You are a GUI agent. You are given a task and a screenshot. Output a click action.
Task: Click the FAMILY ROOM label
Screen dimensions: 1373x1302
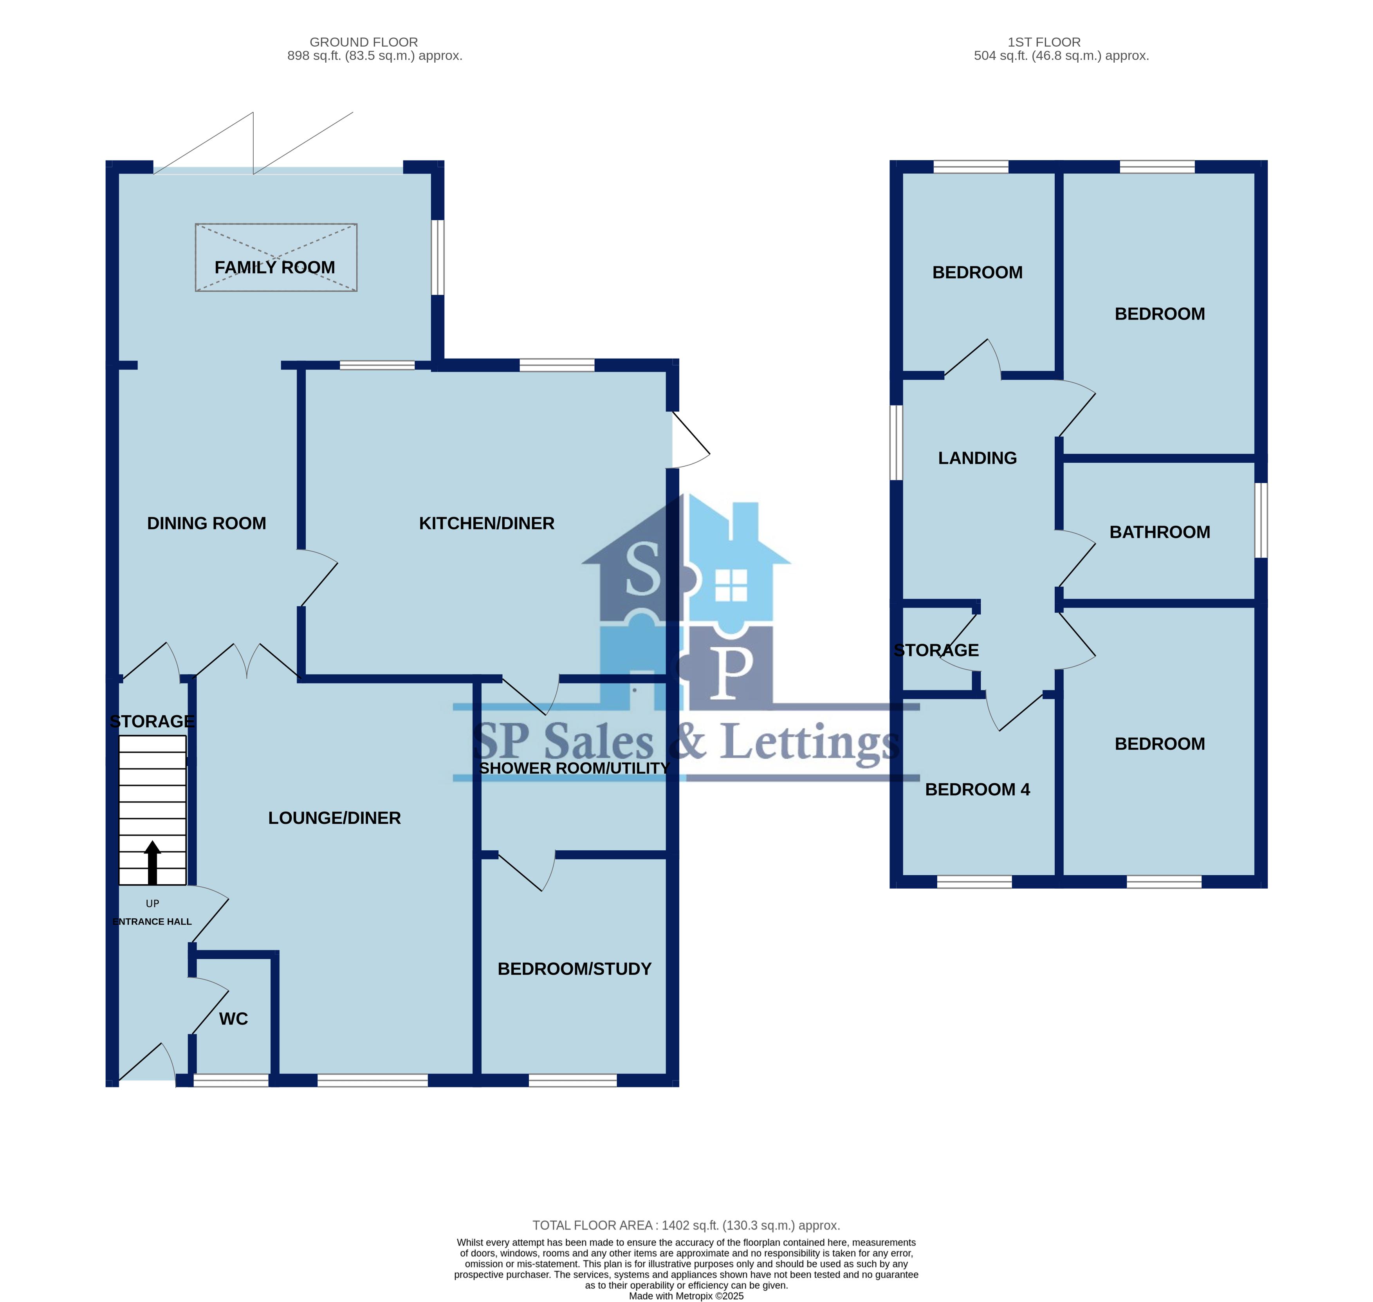(x=275, y=267)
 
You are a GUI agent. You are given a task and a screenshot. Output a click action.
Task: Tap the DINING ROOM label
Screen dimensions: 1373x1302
(x=206, y=523)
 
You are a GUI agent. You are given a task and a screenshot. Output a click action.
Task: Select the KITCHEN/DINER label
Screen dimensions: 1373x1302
(x=487, y=523)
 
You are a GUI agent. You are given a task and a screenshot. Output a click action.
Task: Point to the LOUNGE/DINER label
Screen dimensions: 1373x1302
(x=335, y=818)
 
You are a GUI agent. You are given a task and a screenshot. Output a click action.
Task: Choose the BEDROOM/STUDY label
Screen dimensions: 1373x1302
(x=575, y=969)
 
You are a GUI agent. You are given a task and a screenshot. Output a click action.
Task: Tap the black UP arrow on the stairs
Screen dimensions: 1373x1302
(x=153, y=863)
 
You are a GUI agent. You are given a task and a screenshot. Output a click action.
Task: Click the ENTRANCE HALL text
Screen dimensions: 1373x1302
(x=152, y=921)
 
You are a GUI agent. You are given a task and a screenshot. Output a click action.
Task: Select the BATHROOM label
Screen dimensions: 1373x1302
(x=1160, y=532)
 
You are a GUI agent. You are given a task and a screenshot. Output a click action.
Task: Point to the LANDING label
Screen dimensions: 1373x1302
(x=977, y=458)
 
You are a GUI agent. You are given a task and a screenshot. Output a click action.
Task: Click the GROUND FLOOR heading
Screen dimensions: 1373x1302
(x=364, y=42)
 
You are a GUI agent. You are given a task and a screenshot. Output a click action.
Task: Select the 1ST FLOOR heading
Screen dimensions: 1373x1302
(x=1044, y=42)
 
